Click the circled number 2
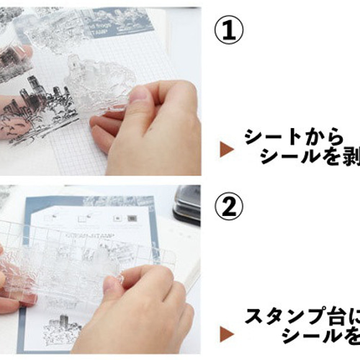(230, 207)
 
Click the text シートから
(289, 138)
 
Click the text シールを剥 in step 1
(310, 158)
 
